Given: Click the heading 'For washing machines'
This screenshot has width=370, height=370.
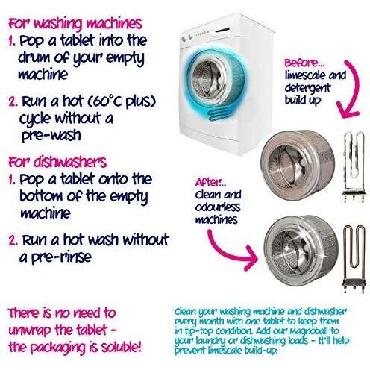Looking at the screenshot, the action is pos(75,24).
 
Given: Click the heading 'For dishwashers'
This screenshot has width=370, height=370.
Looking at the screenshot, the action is pos(57,162).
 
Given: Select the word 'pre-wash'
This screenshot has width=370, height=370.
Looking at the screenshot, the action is pos(51,136).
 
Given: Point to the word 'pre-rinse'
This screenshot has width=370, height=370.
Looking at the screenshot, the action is pos(61,257).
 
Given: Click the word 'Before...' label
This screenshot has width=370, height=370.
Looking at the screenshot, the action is pos(304,63).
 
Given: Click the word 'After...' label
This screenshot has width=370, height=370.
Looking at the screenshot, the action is pos(210,183).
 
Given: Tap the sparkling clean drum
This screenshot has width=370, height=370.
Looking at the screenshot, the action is pos(301,251).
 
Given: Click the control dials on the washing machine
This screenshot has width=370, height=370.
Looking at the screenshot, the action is pos(187,37).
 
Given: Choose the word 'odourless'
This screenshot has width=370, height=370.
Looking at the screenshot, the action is pos(218,207).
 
